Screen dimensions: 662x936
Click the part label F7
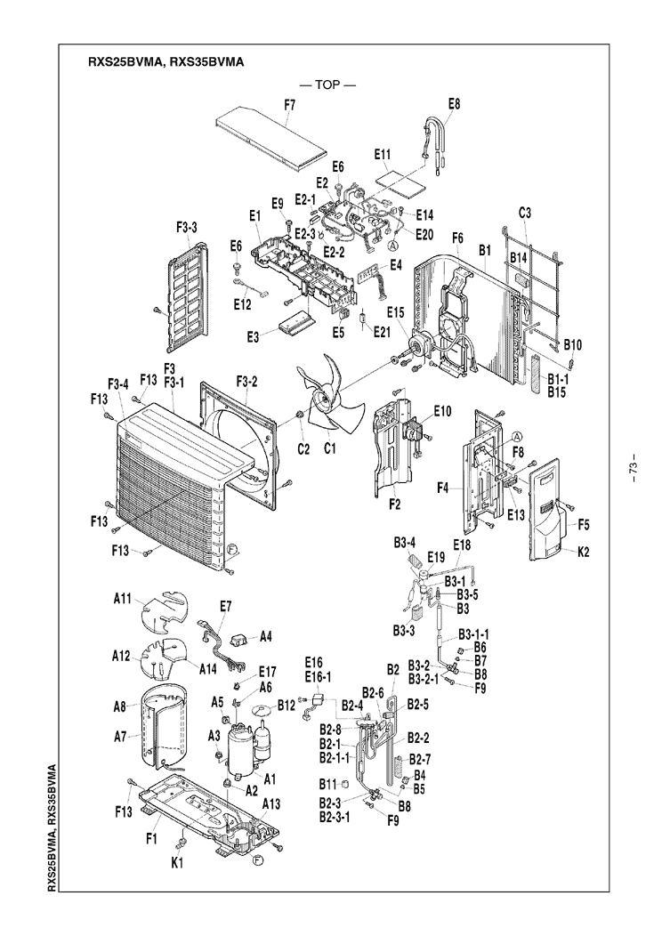click(290, 105)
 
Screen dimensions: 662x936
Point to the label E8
click(455, 104)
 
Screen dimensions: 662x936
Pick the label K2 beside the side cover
click(583, 552)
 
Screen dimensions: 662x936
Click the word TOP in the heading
click(327, 85)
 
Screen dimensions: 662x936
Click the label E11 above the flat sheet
click(383, 155)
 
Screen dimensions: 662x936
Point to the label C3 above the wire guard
click(525, 213)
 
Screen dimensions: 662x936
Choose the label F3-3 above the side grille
click(187, 227)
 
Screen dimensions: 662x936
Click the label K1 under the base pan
click(177, 862)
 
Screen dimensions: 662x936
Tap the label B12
click(286, 706)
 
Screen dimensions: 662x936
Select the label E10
click(443, 411)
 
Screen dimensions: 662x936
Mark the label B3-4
click(404, 544)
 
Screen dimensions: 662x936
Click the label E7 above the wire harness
click(225, 606)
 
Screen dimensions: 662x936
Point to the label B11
click(328, 783)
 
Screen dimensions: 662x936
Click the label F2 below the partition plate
click(394, 504)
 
